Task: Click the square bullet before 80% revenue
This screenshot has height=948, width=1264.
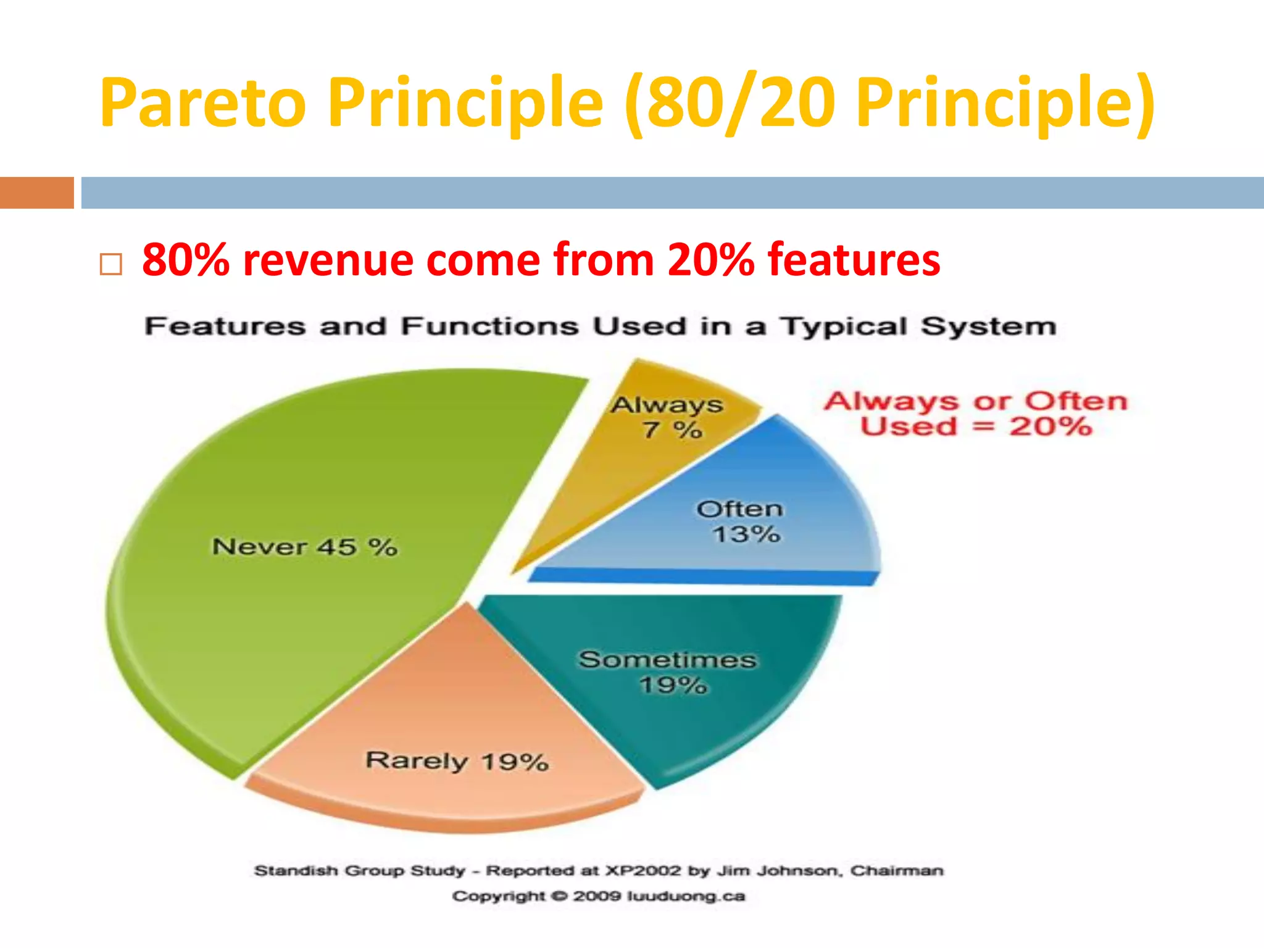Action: tap(110, 265)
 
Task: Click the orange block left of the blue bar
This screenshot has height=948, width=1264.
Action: tap(36, 193)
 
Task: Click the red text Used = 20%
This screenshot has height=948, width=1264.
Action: tap(975, 426)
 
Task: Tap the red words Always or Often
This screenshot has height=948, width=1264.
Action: tap(975, 401)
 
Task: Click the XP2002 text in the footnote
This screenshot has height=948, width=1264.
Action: tap(643, 871)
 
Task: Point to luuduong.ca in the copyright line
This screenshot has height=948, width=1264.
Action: tap(686, 896)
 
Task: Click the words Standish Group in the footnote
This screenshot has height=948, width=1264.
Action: tap(328, 871)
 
